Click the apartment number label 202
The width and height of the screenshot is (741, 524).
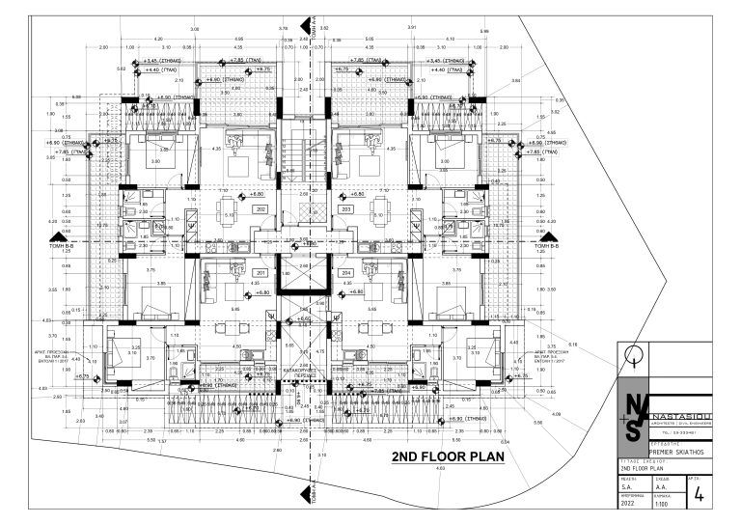point(261,208)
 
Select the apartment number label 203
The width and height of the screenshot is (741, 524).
point(345,208)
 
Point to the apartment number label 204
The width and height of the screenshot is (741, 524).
point(345,273)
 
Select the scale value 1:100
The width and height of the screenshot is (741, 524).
point(664,505)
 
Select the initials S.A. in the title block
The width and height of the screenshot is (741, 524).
point(627,488)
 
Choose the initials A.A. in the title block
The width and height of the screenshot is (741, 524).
point(663,488)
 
